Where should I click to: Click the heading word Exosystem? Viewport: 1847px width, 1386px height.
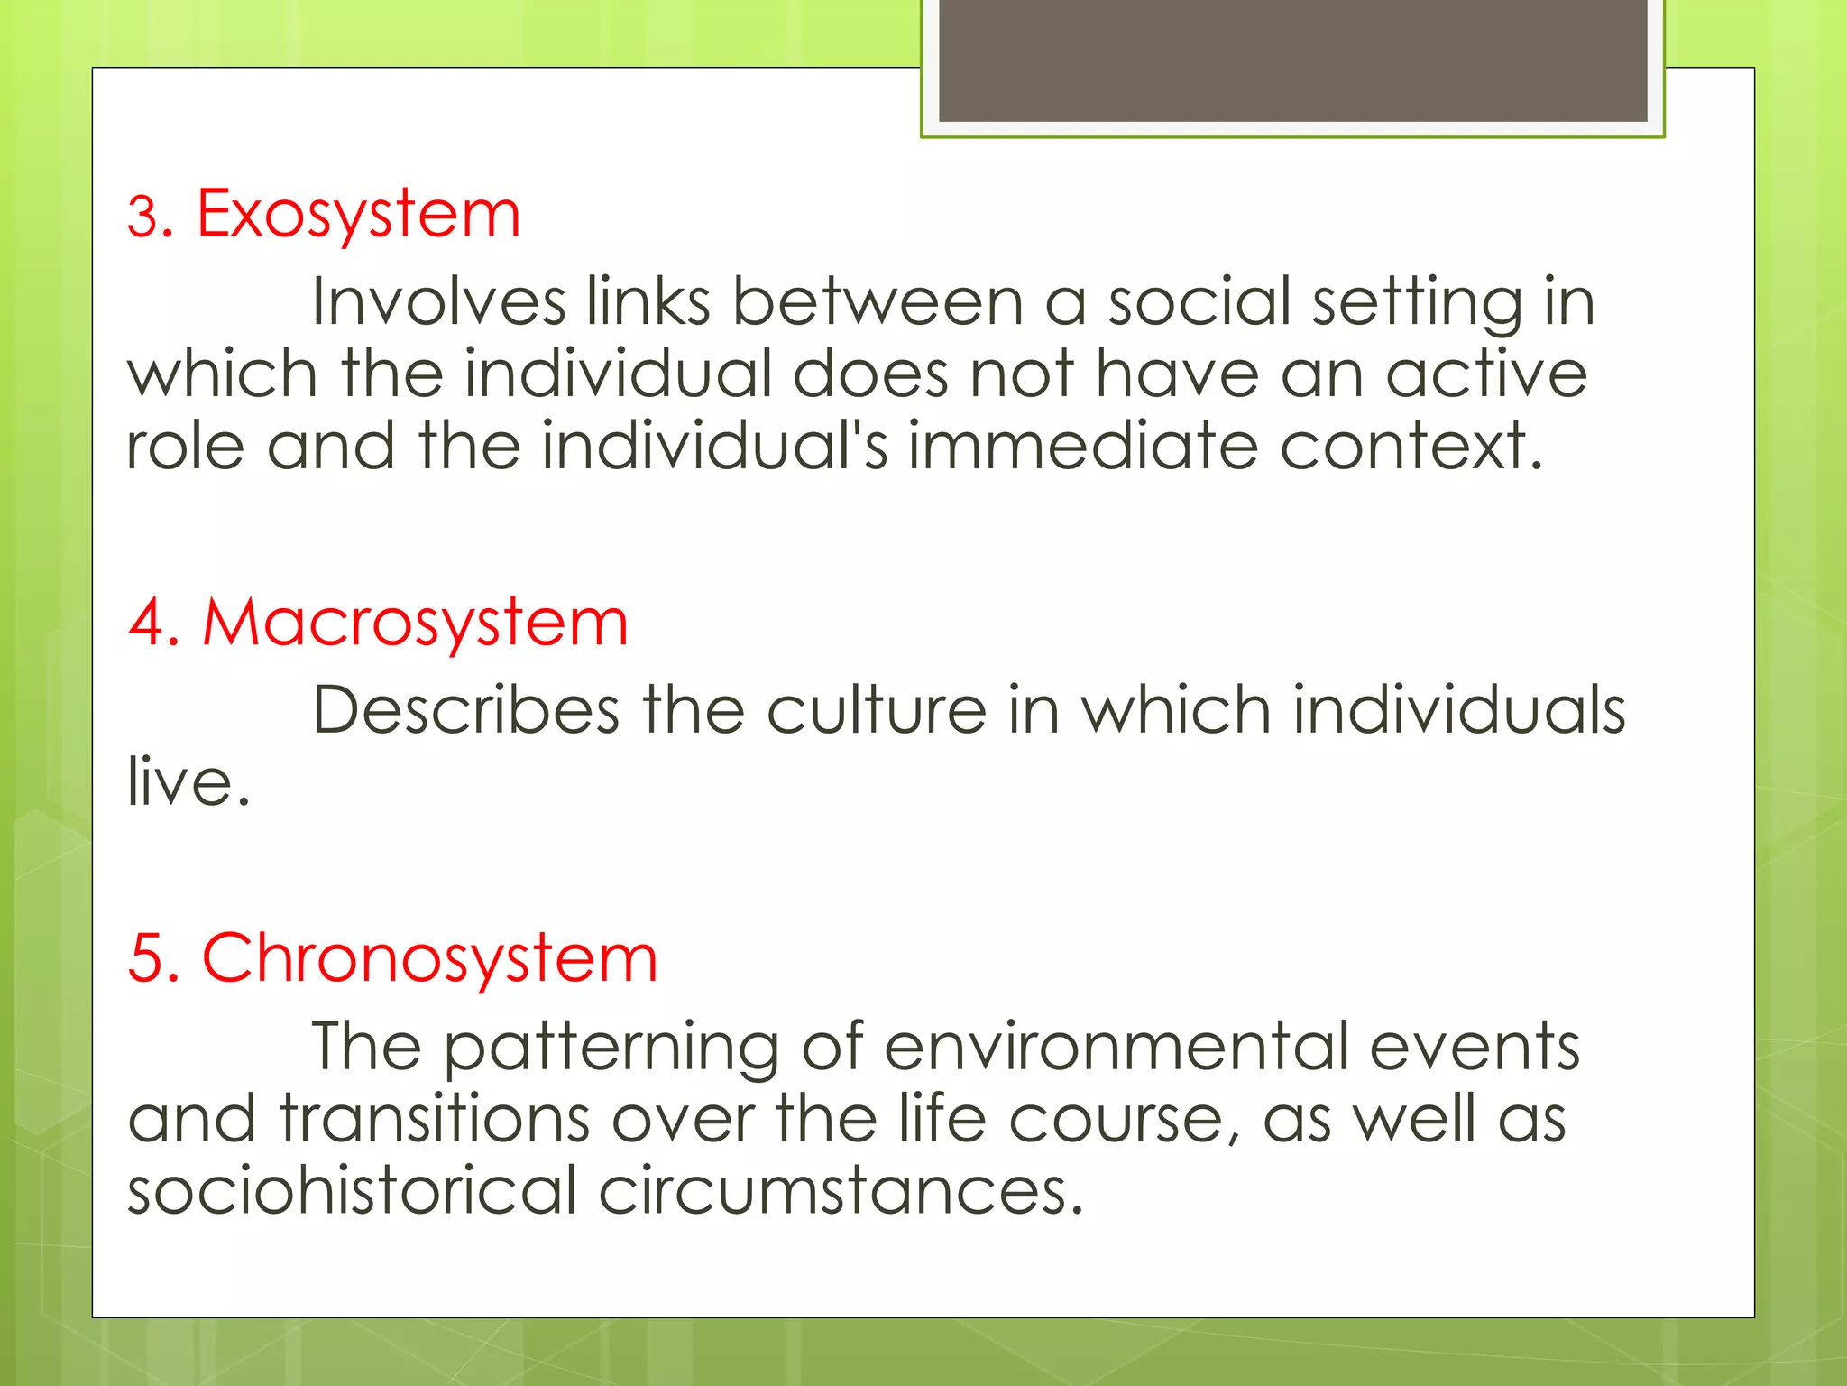pos(358,216)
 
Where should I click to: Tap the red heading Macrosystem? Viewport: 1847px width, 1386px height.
pos(415,623)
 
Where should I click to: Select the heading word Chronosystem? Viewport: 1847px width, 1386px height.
pos(429,958)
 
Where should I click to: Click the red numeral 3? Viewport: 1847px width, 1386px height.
pos(142,217)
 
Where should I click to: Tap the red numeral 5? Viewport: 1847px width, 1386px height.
pos(144,959)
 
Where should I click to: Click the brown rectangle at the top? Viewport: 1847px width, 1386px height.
pos(1292,60)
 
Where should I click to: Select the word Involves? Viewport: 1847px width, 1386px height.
pos(438,301)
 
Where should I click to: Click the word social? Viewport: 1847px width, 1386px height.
pos(1199,301)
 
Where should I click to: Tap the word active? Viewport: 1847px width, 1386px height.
pos(1485,374)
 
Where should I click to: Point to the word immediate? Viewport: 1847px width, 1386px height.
pos(1082,446)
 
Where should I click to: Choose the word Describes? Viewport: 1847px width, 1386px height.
pos(465,710)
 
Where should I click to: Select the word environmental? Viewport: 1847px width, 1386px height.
pos(1116,1047)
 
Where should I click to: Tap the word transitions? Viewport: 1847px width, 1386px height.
pos(435,1119)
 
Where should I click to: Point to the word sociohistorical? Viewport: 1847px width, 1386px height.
pos(352,1190)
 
